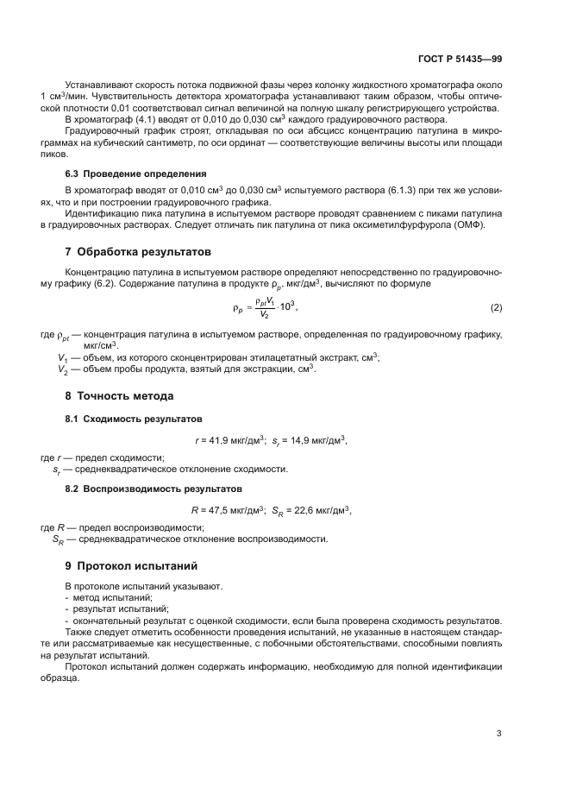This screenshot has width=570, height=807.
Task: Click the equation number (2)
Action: [496, 308]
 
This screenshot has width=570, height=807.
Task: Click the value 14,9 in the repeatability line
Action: [296, 440]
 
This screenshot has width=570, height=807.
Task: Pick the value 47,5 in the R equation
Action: [216, 510]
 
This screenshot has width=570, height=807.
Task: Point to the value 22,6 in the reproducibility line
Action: [300, 510]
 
